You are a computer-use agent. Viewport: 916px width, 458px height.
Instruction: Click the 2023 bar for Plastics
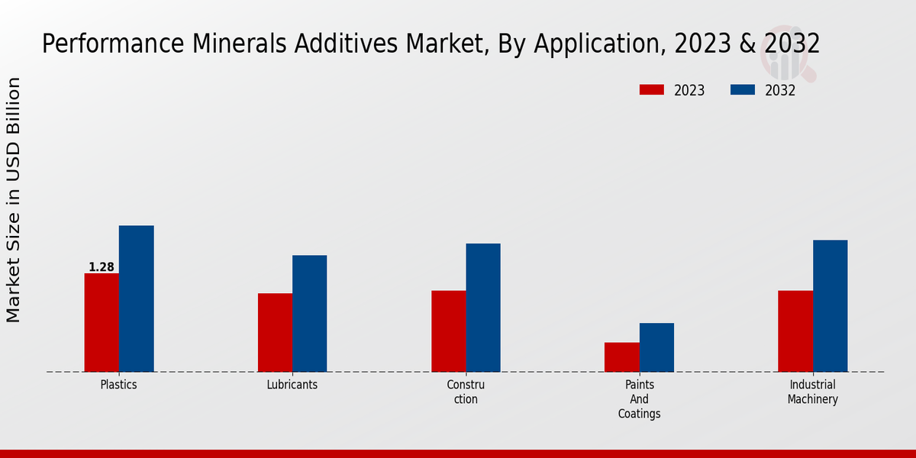102,322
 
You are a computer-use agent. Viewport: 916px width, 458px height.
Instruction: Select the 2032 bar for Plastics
136,298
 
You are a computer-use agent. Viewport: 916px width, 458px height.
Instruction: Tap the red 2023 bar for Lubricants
275,332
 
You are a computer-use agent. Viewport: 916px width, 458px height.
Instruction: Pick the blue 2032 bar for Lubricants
309,313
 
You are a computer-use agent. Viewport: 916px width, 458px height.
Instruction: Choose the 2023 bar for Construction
448,331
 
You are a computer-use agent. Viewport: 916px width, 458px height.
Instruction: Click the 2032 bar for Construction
483,308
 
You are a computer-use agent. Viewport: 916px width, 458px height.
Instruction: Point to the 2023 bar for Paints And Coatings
621,356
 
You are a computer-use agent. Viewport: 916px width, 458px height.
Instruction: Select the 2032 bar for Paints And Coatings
656,347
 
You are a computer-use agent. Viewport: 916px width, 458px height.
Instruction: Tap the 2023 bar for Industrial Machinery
795,331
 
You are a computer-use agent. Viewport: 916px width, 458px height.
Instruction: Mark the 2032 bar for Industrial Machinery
830,305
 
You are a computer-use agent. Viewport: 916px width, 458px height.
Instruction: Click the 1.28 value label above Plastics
102,267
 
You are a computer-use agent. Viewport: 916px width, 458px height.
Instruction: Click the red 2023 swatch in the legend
652,90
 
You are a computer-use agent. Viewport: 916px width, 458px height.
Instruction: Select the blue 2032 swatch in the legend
743,90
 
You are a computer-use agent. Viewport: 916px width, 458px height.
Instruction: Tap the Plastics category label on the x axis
118,385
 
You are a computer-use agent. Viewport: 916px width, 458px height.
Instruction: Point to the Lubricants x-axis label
292,385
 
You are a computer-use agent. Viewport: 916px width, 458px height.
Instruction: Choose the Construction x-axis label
466,392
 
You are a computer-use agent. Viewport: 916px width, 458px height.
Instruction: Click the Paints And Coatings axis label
639,399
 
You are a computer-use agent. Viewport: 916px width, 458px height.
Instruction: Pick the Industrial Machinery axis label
812,392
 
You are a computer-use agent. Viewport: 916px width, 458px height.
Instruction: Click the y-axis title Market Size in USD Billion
14,200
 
